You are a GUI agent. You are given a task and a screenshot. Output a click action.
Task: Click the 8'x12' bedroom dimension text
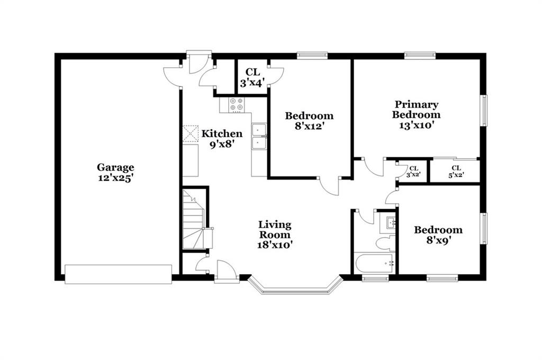point(309,126)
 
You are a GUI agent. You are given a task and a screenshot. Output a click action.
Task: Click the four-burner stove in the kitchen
point(237,105)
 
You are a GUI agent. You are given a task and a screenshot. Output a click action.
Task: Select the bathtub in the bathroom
point(374,263)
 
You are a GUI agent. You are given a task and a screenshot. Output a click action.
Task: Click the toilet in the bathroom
point(385,244)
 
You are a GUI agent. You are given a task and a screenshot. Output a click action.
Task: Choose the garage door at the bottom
point(118,275)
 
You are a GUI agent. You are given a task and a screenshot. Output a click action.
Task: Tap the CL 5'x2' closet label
point(456,172)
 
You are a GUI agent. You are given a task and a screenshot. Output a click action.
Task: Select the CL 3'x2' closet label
point(413,172)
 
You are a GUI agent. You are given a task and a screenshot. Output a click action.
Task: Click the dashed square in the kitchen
point(191,133)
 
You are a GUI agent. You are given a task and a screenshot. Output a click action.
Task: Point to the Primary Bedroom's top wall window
point(420,54)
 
